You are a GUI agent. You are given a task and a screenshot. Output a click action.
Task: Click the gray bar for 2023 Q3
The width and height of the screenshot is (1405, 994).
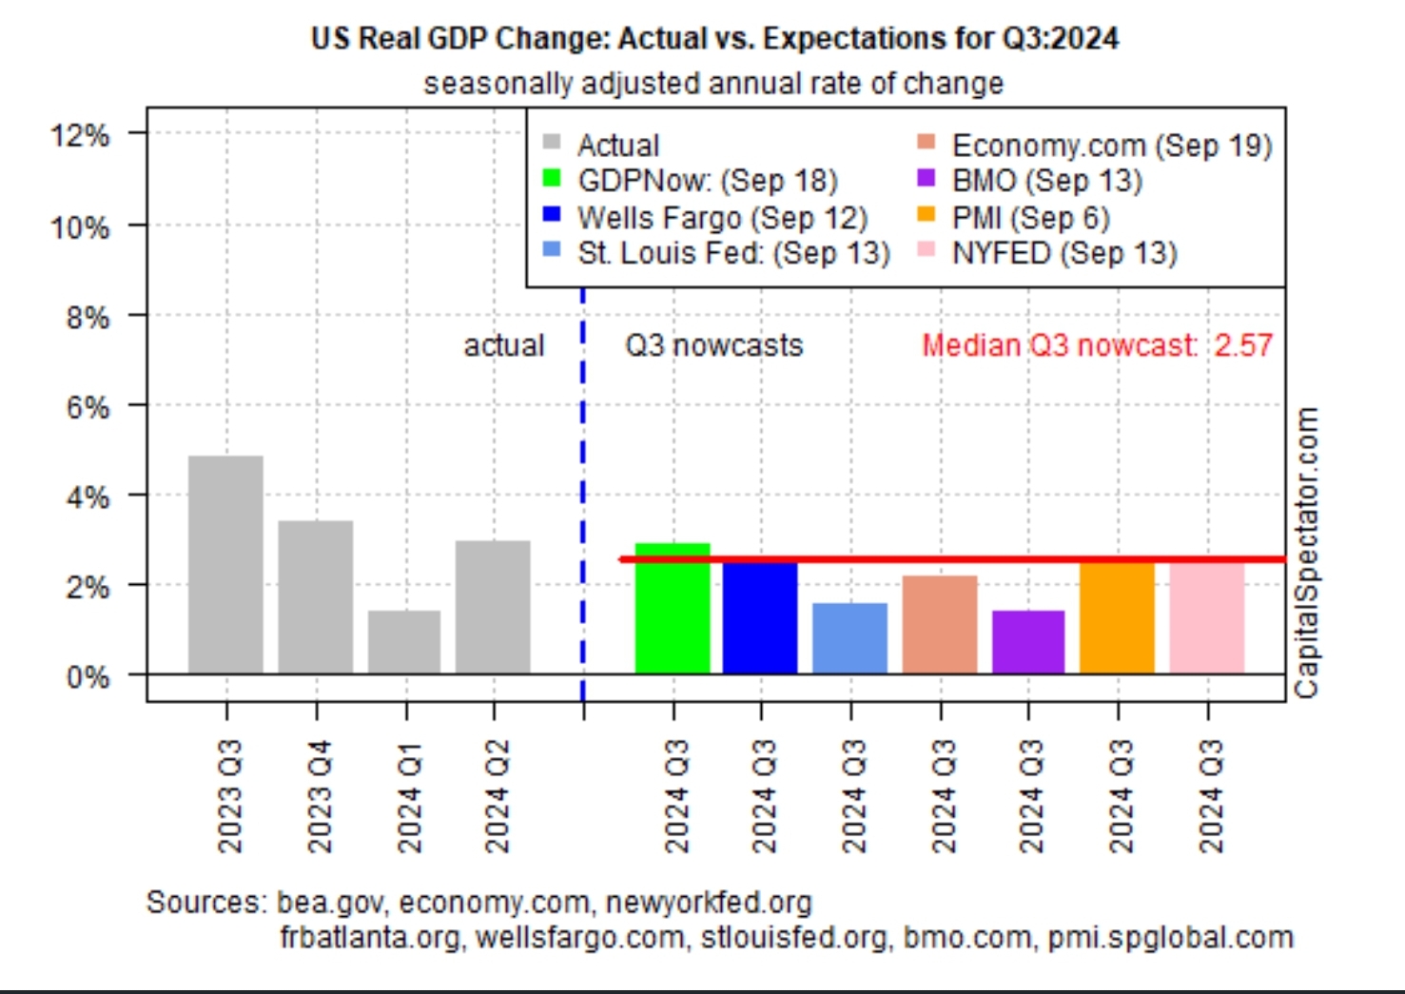[x=225, y=565]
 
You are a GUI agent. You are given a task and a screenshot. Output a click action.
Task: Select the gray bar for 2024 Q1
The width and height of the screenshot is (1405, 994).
[x=404, y=642]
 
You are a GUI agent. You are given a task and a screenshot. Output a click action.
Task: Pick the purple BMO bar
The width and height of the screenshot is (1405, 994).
[x=1028, y=642]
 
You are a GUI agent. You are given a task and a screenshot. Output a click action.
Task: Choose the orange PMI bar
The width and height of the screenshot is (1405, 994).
[x=1118, y=618]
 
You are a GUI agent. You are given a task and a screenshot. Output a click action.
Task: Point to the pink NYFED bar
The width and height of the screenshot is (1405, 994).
[x=1207, y=618]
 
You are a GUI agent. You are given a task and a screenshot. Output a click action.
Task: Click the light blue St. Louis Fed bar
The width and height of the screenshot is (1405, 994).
[x=850, y=638]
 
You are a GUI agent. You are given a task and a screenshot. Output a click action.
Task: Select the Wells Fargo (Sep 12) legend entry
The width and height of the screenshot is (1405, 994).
[x=721, y=218]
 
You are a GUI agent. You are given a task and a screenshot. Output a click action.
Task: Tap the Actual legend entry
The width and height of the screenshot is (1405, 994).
[x=617, y=146]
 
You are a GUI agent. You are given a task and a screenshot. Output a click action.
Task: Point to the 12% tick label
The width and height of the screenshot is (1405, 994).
[x=80, y=135]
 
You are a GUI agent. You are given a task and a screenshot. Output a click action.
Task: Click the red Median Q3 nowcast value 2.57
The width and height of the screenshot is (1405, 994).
[x=1243, y=345]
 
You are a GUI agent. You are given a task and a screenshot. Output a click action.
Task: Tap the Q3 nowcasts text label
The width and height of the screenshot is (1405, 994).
[x=713, y=345]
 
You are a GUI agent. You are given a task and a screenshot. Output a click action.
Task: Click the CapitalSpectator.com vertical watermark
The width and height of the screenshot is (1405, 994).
[x=1308, y=553]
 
